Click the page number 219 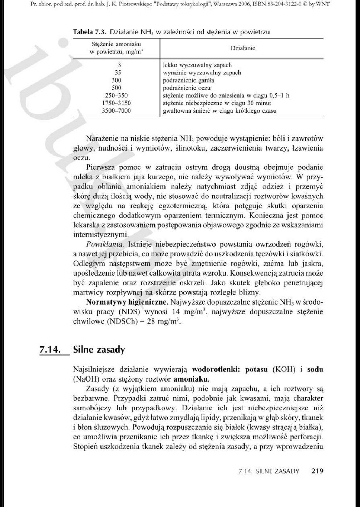[x=317, y=471]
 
